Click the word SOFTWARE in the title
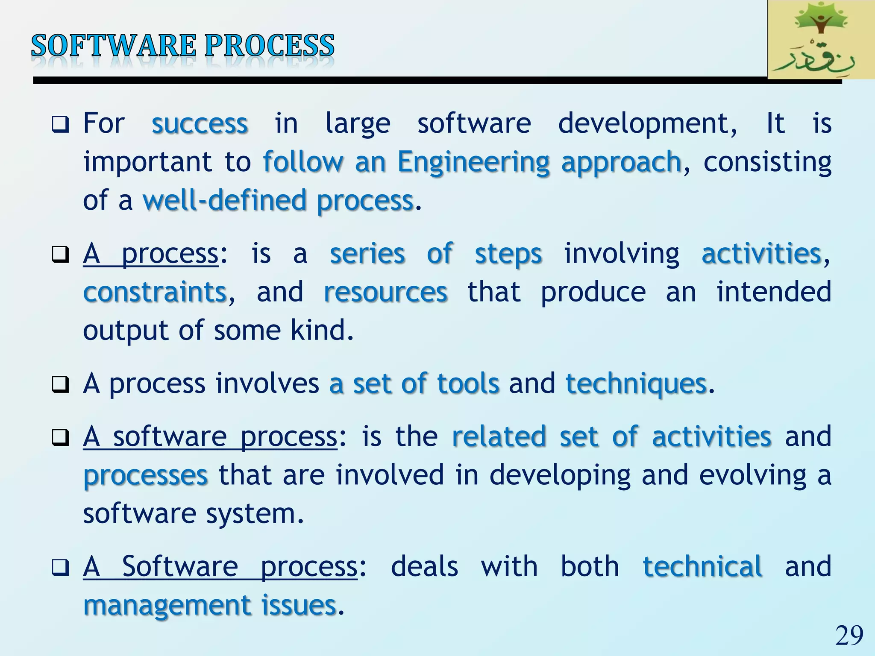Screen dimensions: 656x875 point(113,46)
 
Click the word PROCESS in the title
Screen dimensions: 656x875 point(270,46)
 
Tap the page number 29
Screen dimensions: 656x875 point(849,635)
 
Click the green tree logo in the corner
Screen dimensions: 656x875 point(820,40)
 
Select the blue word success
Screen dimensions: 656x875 point(200,124)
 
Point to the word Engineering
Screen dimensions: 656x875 point(473,162)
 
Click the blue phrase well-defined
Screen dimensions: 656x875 point(225,201)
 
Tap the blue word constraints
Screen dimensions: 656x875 point(155,293)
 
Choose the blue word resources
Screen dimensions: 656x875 point(385,293)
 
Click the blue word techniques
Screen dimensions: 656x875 point(636,384)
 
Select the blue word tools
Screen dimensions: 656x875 point(468,384)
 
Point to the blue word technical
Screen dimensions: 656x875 point(702,567)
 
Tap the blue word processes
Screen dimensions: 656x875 point(145,475)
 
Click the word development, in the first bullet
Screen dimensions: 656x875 point(648,124)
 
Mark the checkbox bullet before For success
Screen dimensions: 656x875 point(60,125)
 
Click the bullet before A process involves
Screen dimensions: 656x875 point(60,384)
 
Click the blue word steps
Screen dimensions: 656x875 point(508,254)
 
